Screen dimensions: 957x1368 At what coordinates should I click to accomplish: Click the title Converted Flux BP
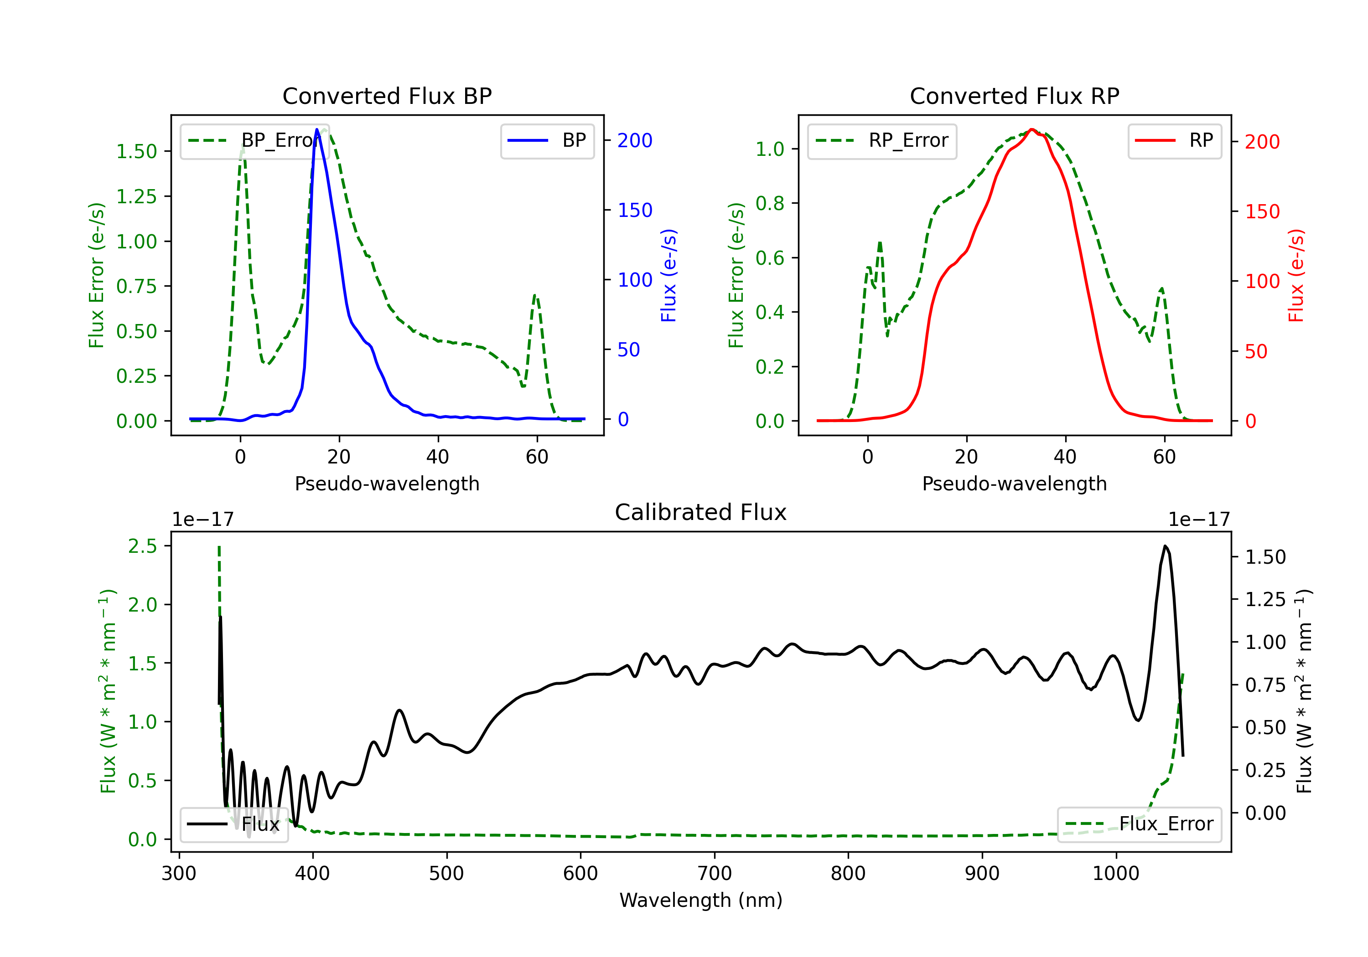click(387, 96)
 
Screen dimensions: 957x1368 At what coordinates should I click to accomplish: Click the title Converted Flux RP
click(1014, 96)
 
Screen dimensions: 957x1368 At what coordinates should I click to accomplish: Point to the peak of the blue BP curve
click(317, 129)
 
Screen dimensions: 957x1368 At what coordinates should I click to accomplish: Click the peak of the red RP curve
click(1031, 129)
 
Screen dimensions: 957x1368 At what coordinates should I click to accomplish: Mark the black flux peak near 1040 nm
click(1165, 546)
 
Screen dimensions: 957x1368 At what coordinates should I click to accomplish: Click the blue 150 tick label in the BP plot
click(635, 210)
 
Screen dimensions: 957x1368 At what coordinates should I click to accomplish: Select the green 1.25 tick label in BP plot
click(136, 196)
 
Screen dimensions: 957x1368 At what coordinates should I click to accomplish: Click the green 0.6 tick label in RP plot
click(769, 258)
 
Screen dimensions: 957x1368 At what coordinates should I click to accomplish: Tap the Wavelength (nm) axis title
click(701, 900)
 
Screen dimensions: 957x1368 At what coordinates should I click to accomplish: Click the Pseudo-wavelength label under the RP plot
click(1014, 484)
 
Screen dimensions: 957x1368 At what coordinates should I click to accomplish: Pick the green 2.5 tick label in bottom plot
click(142, 546)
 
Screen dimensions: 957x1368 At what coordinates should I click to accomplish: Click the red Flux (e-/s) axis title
click(1296, 276)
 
